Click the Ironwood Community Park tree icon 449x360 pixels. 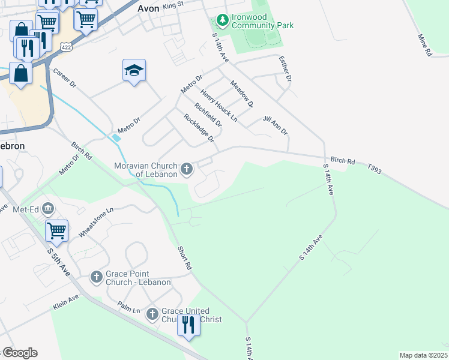tap(223, 21)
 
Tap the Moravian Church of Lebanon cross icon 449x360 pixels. tap(187, 169)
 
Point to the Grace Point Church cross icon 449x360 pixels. tap(96, 277)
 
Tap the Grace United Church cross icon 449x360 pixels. tap(152, 313)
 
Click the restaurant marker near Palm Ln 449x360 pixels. tap(188, 325)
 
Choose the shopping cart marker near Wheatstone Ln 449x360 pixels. tap(56, 229)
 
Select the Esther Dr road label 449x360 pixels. tap(285, 68)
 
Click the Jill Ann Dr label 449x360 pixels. tap(276, 125)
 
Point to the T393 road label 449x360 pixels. tap(376, 171)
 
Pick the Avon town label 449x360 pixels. tap(148, 9)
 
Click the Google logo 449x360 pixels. tap(20, 353)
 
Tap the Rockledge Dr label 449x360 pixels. tap(199, 128)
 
